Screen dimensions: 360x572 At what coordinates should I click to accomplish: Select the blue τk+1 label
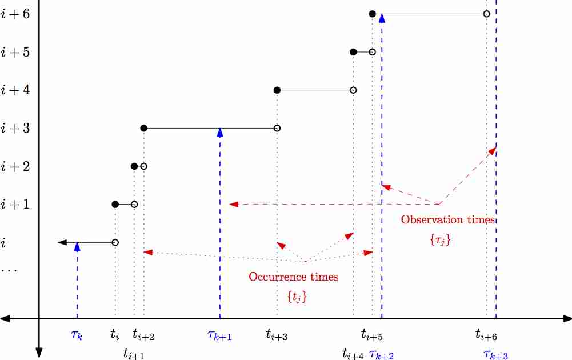219,336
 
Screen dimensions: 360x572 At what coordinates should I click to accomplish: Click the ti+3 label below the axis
277,335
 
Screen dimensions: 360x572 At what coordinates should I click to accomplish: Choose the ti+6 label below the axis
486,335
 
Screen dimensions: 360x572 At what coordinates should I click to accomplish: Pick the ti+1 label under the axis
134,354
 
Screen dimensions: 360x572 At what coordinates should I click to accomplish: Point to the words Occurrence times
293,277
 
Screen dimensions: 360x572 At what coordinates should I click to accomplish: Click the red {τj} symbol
440,240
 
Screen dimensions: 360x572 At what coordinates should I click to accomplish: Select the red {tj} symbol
296,297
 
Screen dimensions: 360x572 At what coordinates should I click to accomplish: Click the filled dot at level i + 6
372,14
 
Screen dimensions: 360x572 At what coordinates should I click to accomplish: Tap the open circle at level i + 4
353,90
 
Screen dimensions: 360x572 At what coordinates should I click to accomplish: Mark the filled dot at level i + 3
143,129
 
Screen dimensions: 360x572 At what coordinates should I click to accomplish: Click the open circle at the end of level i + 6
486,14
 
